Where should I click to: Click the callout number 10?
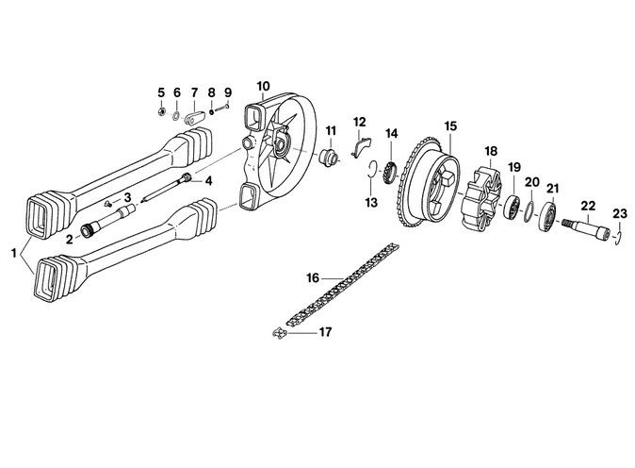pos(263,87)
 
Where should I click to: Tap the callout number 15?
pos(450,126)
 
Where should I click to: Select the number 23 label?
pos(620,213)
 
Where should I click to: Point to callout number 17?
pos(325,332)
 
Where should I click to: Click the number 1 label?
pos(14,254)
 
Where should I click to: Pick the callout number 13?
pos(371,202)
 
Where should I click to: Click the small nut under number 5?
pos(161,111)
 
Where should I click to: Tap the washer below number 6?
pos(176,115)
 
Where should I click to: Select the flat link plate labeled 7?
pos(195,119)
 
